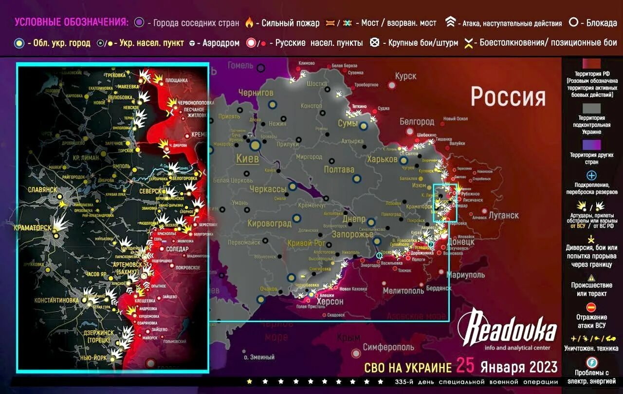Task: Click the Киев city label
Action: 248,159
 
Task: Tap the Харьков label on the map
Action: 383,160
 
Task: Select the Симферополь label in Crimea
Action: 388,347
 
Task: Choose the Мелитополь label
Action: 403,291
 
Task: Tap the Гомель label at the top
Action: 240,65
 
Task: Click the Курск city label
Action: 405,76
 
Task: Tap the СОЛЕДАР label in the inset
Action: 177,249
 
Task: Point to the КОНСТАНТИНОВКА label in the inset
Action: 56,300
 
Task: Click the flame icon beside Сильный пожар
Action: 249,23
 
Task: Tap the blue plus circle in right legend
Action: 591,175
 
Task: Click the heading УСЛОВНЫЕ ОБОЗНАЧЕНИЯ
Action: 72,22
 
